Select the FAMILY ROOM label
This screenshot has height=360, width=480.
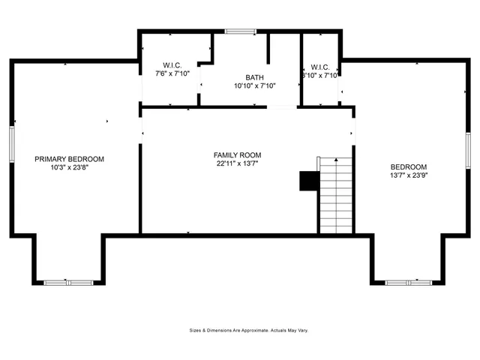click(x=238, y=155)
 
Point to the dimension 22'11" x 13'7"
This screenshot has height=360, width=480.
click(x=238, y=163)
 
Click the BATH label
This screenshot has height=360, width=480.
click(x=255, y=77)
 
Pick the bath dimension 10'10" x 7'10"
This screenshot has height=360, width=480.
click(x=255, y=86)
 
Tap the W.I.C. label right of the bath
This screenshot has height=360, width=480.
click(x=320, y=67)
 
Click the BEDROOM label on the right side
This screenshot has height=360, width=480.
click(x=409, y=166)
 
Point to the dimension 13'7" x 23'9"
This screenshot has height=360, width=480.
click(x=409, y=175)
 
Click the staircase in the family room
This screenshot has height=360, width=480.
click(x=336, y=195)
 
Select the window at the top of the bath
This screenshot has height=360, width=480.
click(x=239, y=31)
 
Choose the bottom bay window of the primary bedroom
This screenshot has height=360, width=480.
click(x=67, y=282)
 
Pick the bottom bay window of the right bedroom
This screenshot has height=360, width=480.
click(x=407, y=282)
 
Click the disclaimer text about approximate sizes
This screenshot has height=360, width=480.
click(x=249, y=330)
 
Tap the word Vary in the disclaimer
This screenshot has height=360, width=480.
click(x=303, y=330)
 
